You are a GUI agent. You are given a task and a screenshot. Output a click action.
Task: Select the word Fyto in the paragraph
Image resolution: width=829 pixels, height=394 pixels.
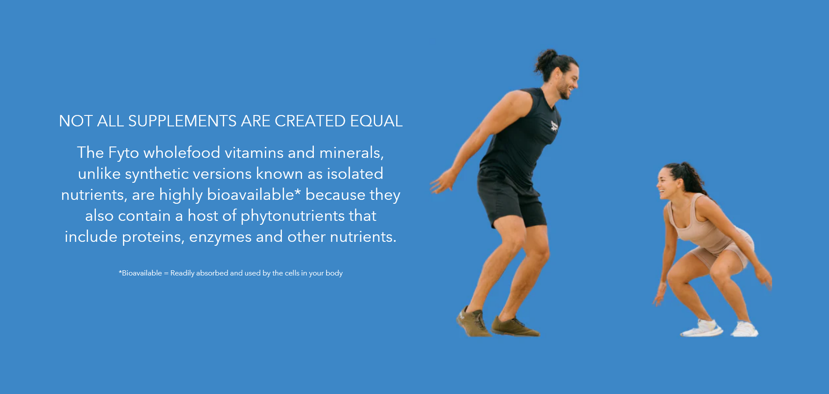(123, 153)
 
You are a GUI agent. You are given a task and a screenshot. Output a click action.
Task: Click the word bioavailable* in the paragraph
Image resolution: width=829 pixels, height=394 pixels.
(254, 195)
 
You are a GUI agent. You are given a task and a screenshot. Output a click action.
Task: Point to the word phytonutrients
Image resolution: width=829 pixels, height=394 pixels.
(293, 216)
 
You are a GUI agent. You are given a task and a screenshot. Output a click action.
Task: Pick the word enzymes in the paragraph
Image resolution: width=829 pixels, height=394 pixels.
(220, 237)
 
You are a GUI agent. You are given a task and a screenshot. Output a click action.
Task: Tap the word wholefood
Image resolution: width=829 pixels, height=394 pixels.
(182, 153)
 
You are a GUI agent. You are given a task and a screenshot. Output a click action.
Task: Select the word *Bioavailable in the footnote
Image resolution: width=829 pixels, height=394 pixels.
(141, 273)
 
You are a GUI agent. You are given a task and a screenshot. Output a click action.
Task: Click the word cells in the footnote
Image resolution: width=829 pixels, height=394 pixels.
(292, 273)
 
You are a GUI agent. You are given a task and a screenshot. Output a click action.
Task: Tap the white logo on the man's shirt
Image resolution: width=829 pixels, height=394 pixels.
(555, 126)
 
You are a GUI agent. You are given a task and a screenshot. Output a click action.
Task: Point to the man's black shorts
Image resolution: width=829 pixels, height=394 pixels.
(510, 199)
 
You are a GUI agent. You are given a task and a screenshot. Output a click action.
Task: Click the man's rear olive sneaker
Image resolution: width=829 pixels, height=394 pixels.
(473, 322)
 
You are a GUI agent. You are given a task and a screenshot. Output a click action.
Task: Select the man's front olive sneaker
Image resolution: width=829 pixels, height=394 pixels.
(515, 327)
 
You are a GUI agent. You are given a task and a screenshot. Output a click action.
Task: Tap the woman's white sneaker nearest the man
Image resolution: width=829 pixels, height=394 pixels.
(701, 328)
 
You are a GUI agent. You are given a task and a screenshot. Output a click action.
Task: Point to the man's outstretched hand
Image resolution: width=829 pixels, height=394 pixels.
(441, 182)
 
